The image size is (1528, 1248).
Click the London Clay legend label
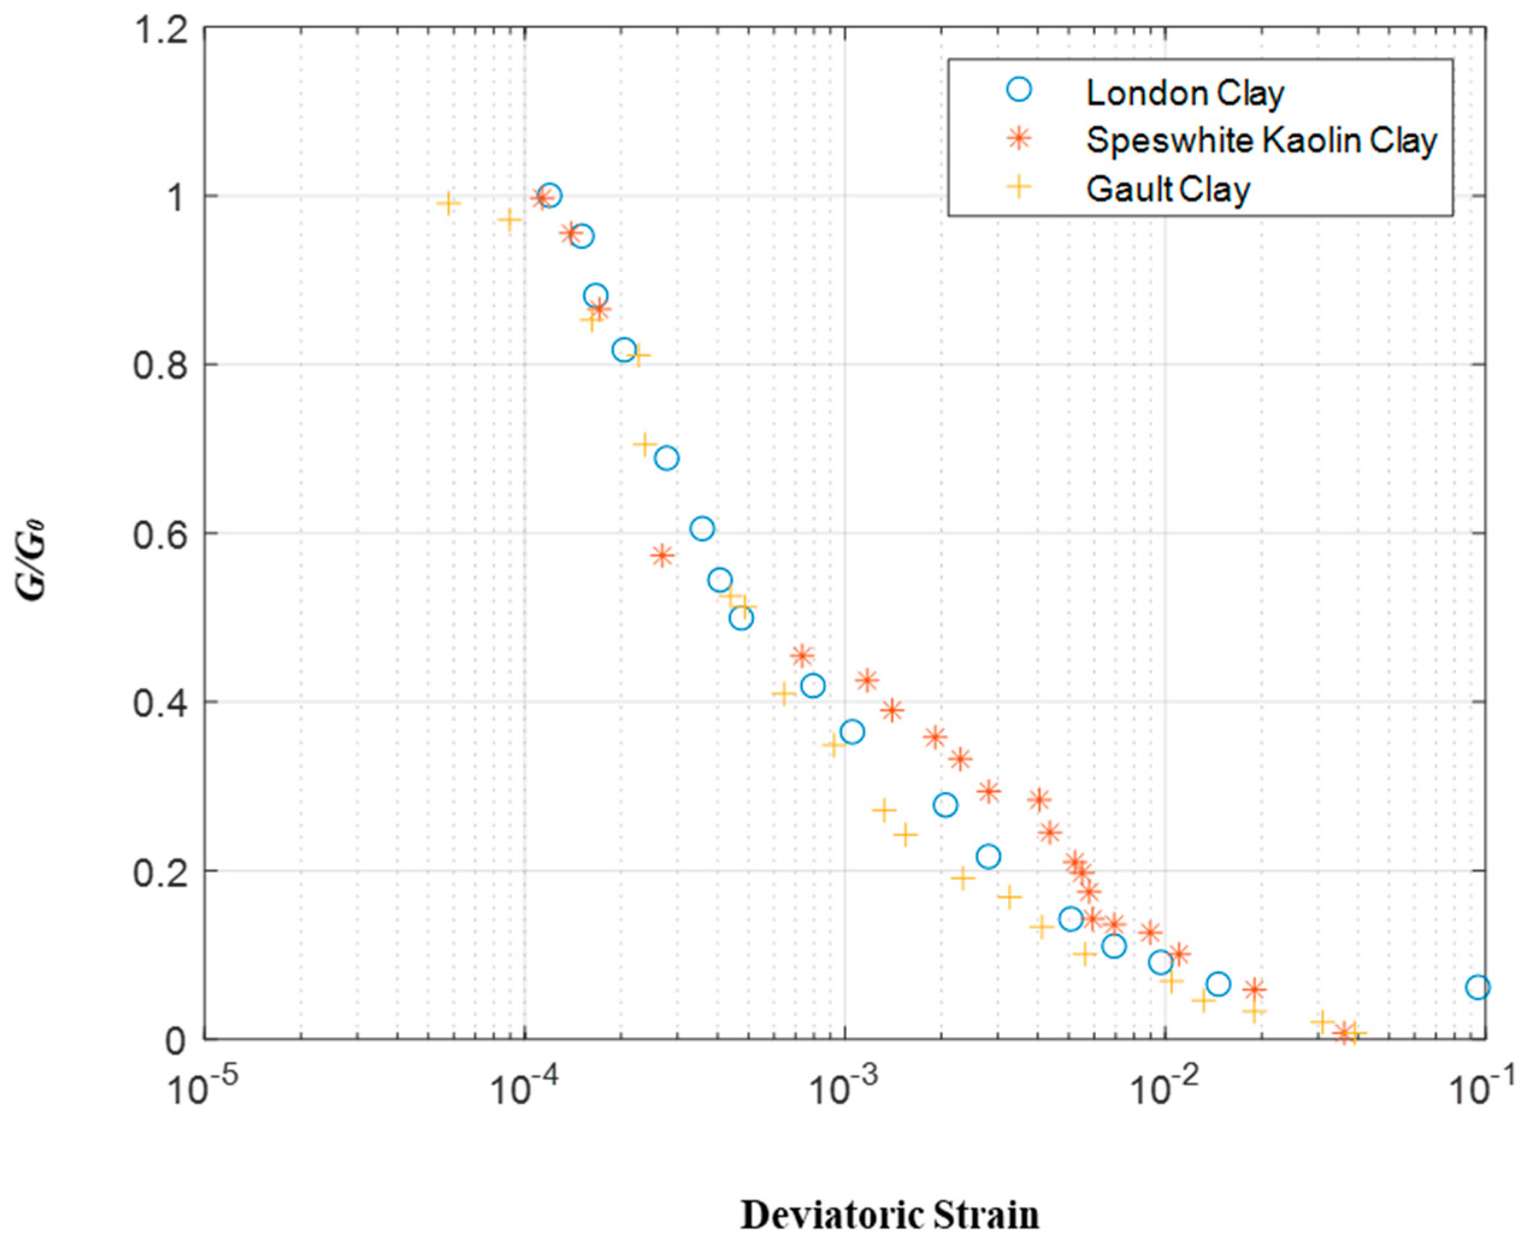point(1184,93)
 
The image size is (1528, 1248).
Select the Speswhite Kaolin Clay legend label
point(1261,140)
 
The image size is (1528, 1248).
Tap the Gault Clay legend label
point(1168,189)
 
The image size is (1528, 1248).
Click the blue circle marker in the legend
point(1019,89)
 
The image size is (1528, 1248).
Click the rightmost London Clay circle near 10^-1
point(1477,987)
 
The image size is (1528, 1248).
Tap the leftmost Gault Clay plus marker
point(448,203)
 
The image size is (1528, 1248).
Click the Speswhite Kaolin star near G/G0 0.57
point(663,555)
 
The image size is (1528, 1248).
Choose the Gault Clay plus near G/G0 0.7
point(645,444)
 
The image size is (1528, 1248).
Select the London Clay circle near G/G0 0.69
point(667,458)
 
